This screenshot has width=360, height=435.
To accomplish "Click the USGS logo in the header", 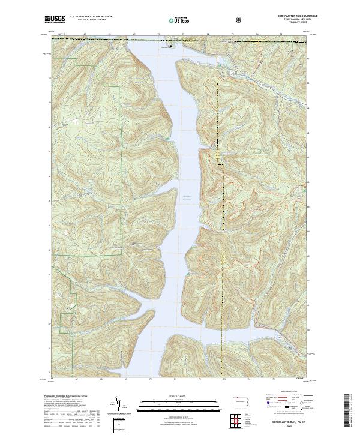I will (x=55, y=20).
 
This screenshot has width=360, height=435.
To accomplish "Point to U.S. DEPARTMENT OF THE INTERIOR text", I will (x=91, y=17).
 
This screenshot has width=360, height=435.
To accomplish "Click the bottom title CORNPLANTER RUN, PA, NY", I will (x=285, y=424).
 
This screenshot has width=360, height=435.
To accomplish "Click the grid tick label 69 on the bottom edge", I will (x=126, y=379).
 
